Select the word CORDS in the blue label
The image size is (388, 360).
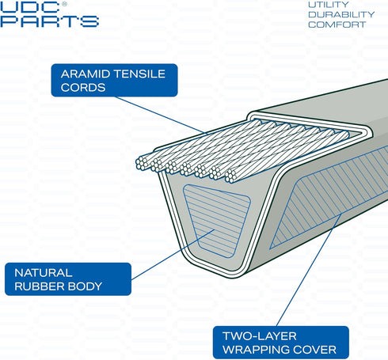click(83, 88)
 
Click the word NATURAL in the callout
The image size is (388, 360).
click(44, 273)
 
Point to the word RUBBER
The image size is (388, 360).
click(38, 286)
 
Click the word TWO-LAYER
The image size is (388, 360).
click(260, 336)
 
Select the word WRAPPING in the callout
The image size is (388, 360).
click(256, 350)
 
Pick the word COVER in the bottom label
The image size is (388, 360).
click(314, 350)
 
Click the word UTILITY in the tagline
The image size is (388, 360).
click(329, 5)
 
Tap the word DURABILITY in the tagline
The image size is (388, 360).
click(341, 14)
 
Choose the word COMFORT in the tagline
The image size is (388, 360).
click(337, 25)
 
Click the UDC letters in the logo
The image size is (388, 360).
click(30, 6)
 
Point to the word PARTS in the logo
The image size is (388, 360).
click(50, 21)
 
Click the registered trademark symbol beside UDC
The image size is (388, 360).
click(64, 4)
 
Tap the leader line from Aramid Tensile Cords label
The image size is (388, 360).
click(161, 116)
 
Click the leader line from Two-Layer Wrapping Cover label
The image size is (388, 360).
click(309, 271)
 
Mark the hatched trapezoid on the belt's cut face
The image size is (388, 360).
click(217, 221)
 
